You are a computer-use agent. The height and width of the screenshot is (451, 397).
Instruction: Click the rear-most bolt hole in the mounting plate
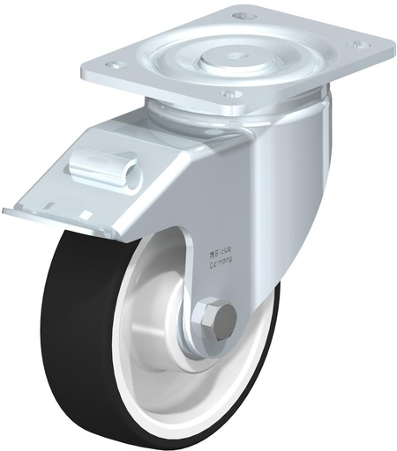pyautogui.click(x=244, y=15)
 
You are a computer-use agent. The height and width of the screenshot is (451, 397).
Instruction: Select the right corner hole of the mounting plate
pyautogui.click(x=357, y=44)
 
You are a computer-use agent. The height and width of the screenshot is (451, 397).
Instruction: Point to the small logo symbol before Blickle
pyautogui.click(x=211, y=250)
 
